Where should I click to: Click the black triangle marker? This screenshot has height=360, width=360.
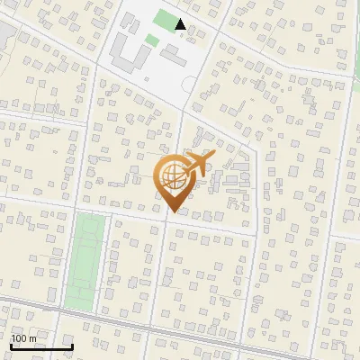coord(181,24)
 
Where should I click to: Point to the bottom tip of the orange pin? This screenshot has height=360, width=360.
coord(172,212)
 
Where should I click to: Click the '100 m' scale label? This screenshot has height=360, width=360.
coord(24,338)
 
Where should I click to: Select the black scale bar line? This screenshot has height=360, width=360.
coord(41,346)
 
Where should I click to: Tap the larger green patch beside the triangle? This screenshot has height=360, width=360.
coord(165,18)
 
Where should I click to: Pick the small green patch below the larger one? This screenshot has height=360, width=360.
coord(152,40)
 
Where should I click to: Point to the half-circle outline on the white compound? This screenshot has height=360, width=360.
coord(188,84)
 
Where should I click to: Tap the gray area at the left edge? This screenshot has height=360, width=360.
coord(4,31)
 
